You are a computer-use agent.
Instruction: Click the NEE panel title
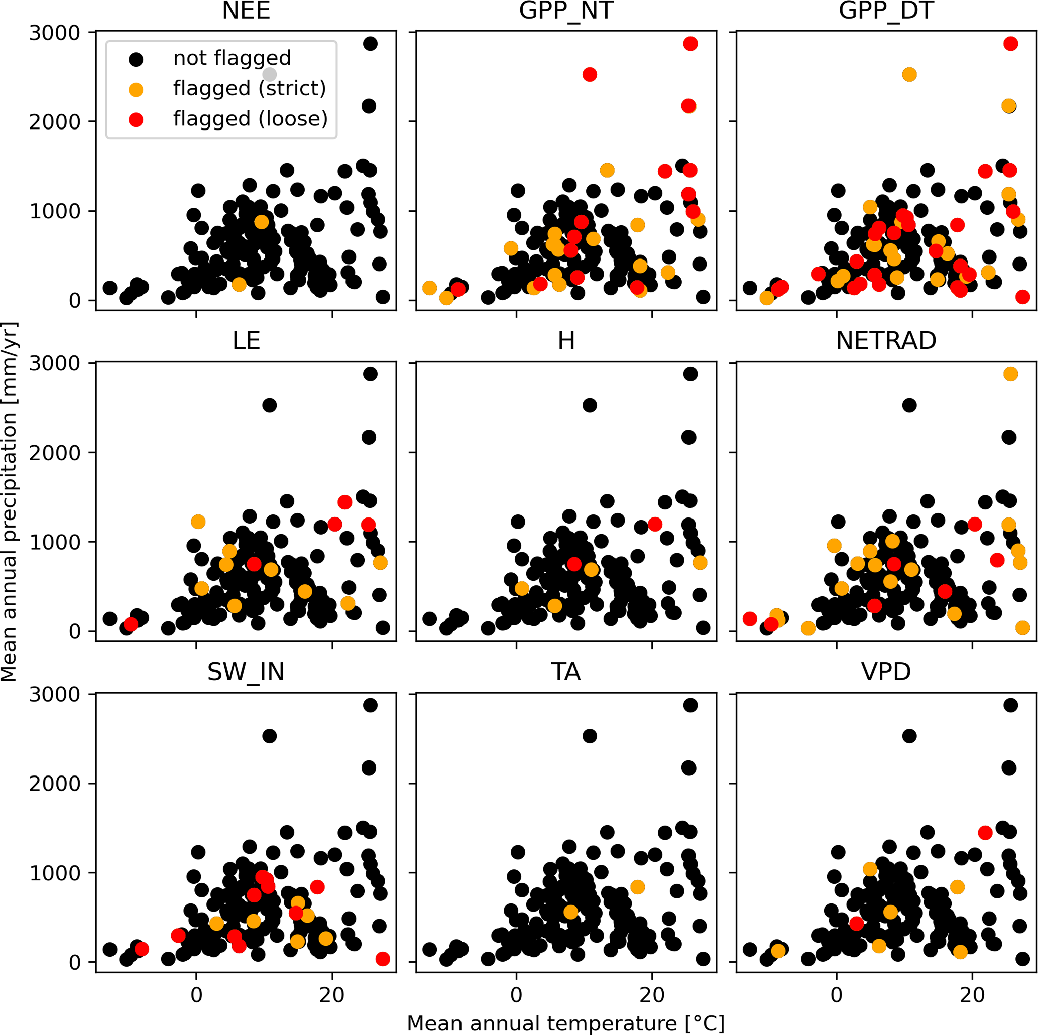point(246,11)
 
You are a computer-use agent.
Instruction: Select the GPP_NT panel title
point(566,11)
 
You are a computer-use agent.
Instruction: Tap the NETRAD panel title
point(886,341)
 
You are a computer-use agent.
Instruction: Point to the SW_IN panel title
point(246,672)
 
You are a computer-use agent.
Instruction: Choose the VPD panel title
point(886,672)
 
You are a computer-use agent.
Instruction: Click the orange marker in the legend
point(137,90)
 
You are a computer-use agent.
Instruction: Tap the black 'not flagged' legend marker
point(137,59)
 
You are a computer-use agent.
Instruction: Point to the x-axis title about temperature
point(566,1023)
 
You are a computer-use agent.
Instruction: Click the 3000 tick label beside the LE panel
point(54,363)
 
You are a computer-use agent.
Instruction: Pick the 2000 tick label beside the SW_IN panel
point(54,784)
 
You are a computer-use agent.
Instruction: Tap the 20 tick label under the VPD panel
point(972,995)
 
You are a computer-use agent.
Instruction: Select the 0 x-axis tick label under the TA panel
point(516,995)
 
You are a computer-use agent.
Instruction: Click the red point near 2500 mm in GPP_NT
point(590,75)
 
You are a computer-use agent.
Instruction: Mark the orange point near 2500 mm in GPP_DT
point(909,75)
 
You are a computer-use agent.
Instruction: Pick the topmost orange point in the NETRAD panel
point(1010,374)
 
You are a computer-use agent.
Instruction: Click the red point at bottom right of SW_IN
point(383,959)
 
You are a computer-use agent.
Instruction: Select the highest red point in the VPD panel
point(985,833)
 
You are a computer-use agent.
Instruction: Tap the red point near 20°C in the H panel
point(654,524)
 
